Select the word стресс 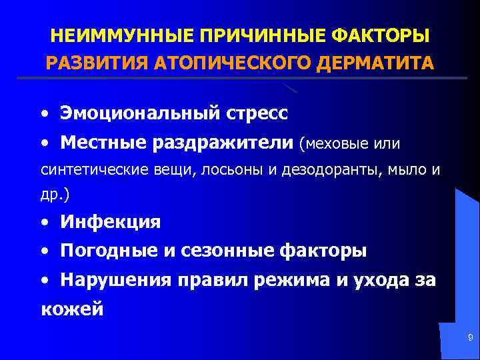coord(256,113)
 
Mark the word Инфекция coord(110,222)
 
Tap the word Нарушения coord(116,281)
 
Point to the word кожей coord(72,309)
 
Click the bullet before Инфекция coord(45,223)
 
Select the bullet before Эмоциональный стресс coord(45,114)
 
